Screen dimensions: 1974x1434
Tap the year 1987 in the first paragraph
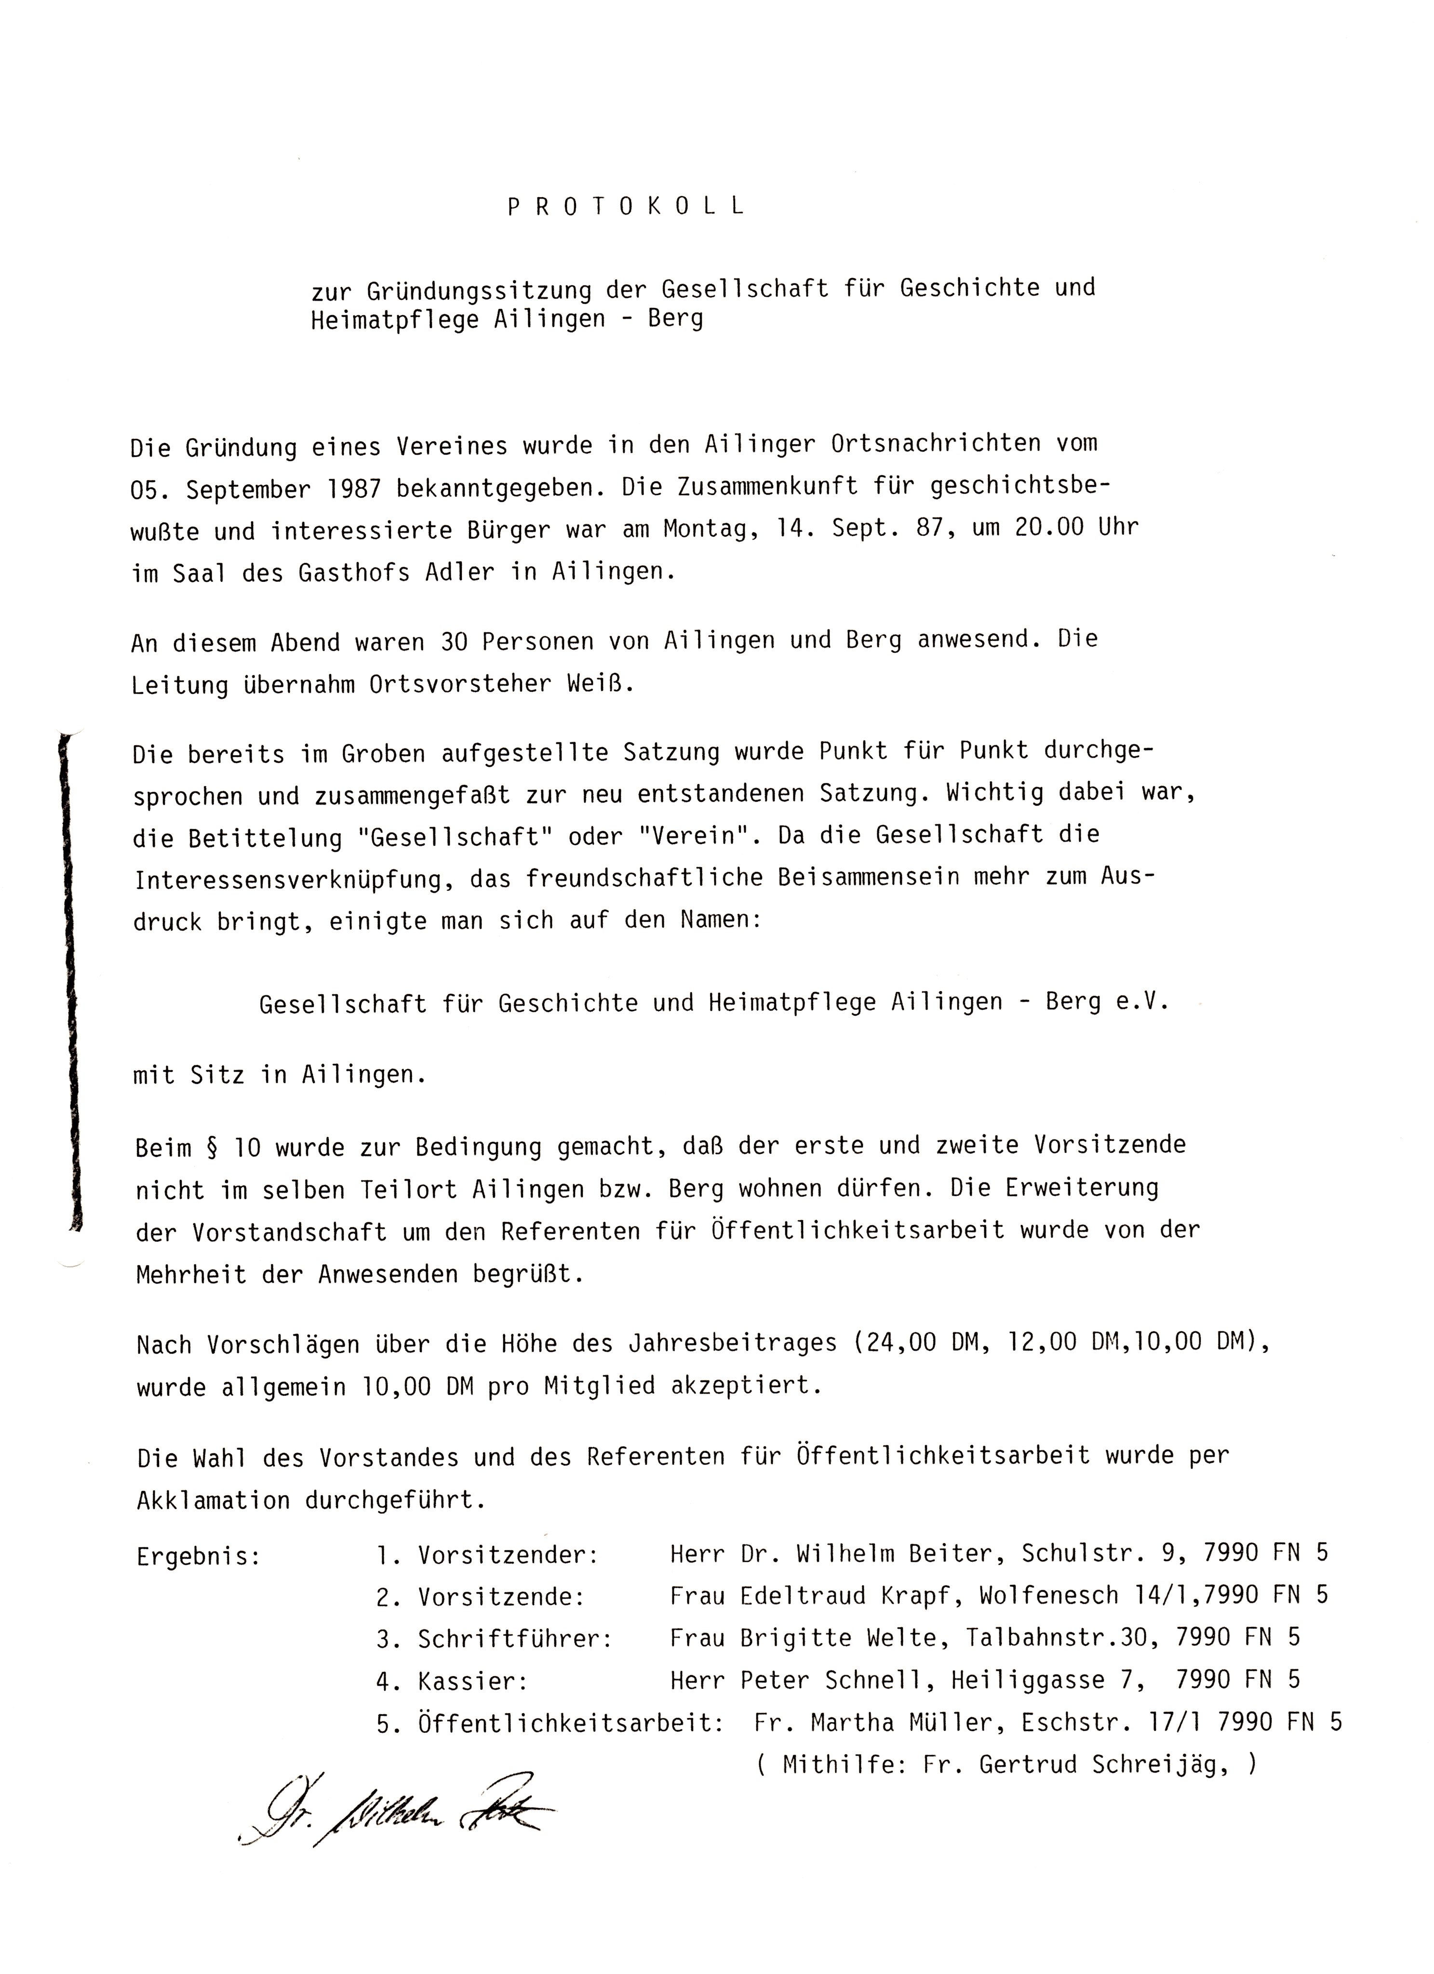(353, 488)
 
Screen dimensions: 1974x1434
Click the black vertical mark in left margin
(69, 983)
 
